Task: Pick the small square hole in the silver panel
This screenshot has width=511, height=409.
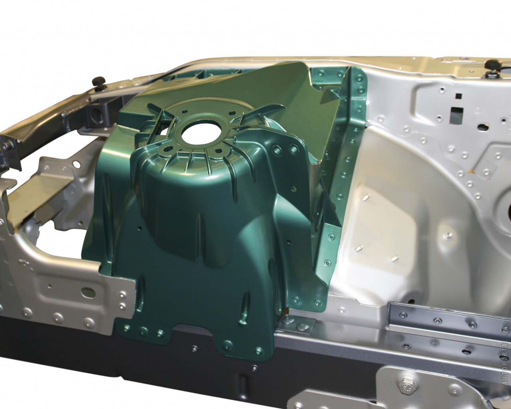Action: (459, 96)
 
